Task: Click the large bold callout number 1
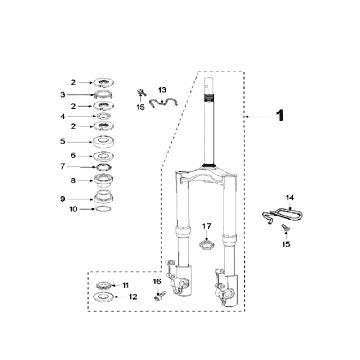280,116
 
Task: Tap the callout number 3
63,95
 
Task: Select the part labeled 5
103,142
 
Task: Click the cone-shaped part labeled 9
104,196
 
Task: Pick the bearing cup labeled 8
104,181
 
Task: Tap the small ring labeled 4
104,116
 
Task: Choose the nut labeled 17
206,246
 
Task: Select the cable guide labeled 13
163,101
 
